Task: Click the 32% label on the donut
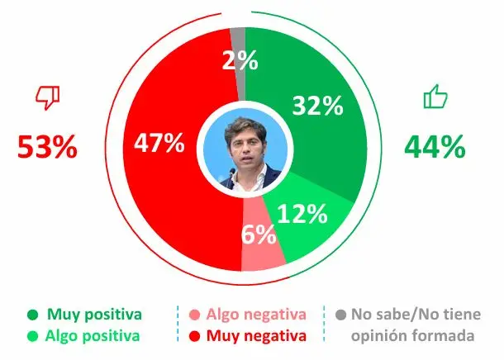point(316,106)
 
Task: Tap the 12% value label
point(302,214)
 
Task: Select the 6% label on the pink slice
point(259,235)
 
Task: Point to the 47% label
point(159,143)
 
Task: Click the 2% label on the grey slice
point(240,60)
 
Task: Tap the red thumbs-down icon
point(47,98)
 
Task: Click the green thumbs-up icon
point(435,98)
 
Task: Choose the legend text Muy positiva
point(95,315)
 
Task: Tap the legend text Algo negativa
point(256,315)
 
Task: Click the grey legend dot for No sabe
point(340,315)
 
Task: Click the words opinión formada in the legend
point(413,336)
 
